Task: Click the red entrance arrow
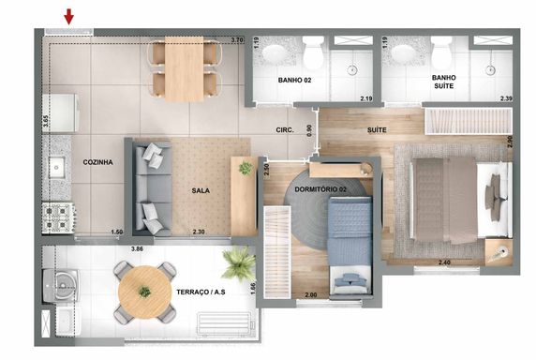tap(69, 17)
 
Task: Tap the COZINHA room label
tap(97, 162)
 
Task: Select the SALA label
tap(201, 190)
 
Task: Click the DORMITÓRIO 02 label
tap(320, 189)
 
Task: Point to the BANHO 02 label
tap(294, 81)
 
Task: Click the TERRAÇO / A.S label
tap(201, 292)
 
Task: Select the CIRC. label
tap(285, 130)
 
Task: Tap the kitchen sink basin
tap(57, 167)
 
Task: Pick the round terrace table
tap(144, 292)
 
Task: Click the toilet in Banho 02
tap(313, 52)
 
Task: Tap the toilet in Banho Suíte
tap(441, 52)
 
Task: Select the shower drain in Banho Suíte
tap(490, 70)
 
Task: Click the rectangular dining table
tap(185, 68)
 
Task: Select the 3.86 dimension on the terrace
tap(137, 248)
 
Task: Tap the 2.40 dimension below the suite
tap(444, 262)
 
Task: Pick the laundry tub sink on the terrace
tap(62, 286)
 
